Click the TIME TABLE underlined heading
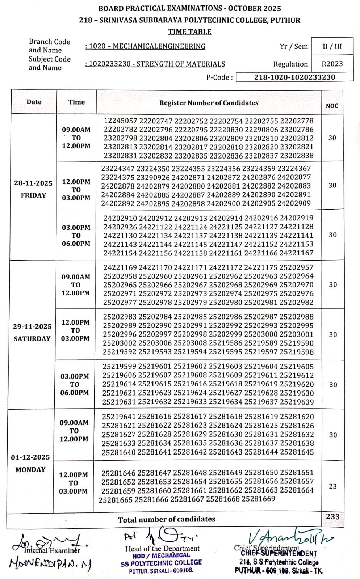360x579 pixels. [x=189, y=32]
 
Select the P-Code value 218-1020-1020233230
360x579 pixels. [x=294, y=77]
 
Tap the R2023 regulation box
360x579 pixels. [x=332, y=64]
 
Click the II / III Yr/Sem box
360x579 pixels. [x=332, y=46]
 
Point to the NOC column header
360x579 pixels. [x=332, y=106]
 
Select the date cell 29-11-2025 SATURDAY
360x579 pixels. [x=32, y=332]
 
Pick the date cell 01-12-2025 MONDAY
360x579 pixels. [x=30, y=463]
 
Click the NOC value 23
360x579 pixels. [x=332, y=486]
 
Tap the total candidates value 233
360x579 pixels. [x=332, y=516]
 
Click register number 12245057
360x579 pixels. [x=121, y=121]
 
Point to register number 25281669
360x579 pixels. [x=258, y=499]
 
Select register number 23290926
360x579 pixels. [x=153, y=177]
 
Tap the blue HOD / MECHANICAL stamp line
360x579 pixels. [x=161, y=555]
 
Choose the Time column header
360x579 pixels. [x=76, y=102]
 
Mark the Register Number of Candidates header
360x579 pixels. [x=209, y=103]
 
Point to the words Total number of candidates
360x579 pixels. [x=167, y=520]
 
